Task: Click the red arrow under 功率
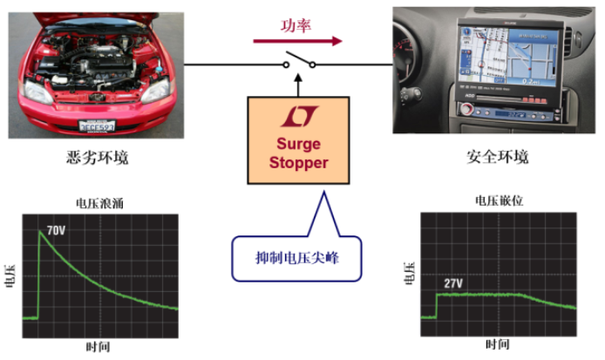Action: (x=297, y=40)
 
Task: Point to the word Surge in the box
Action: (x=298, y=144)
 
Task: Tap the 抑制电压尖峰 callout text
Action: (x=296, y=258)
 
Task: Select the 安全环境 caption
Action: (x=498, y=158)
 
